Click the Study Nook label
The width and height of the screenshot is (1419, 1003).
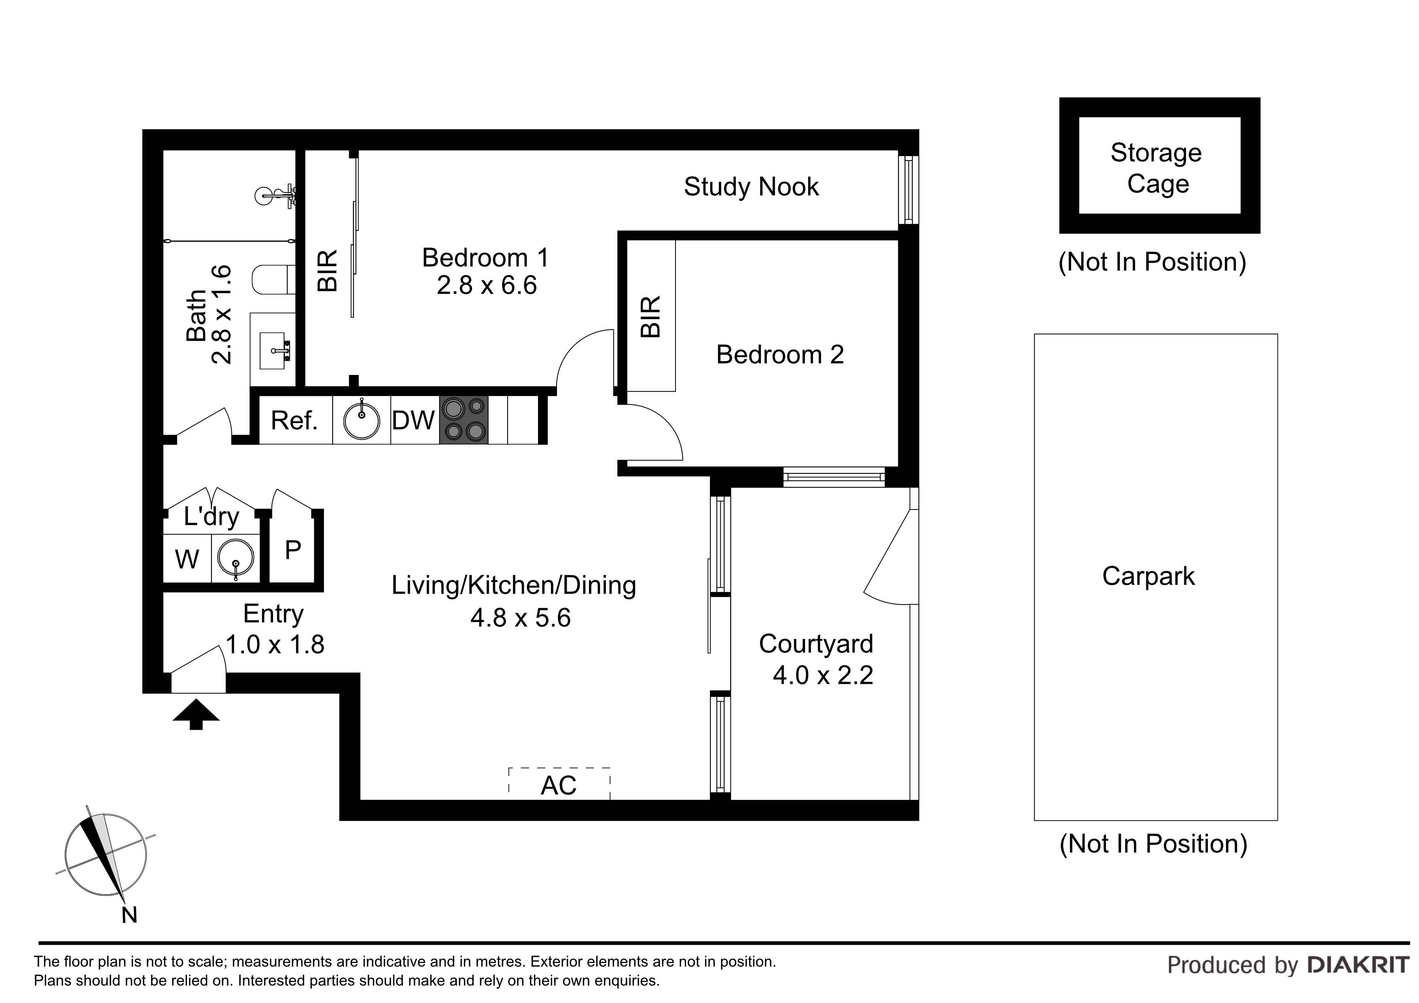pyautogui.click(x=751, y=186)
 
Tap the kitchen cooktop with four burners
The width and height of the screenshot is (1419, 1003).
pyautogui.click(x=464, y=420)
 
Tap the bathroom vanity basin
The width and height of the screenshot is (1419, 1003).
pyautogui.click(x=273, y=350)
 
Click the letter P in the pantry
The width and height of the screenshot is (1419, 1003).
pyautogui.click(x=293, y=549)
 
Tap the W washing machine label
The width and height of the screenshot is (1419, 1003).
pyautogui.click(x=186, y=560)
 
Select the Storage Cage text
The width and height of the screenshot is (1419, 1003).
pyautogui.click(x=1156, y=167)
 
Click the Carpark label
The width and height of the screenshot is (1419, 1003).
pyautogui.click(x=1148, y=576)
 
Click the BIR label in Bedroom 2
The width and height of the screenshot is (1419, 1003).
pyautogui.click(x=651, y=316)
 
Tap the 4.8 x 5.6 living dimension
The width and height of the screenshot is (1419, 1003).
pyautogui.click(x=520, y=618)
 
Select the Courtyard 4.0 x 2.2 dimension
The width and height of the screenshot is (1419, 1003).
pyautogui.click(x=823, y=675)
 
